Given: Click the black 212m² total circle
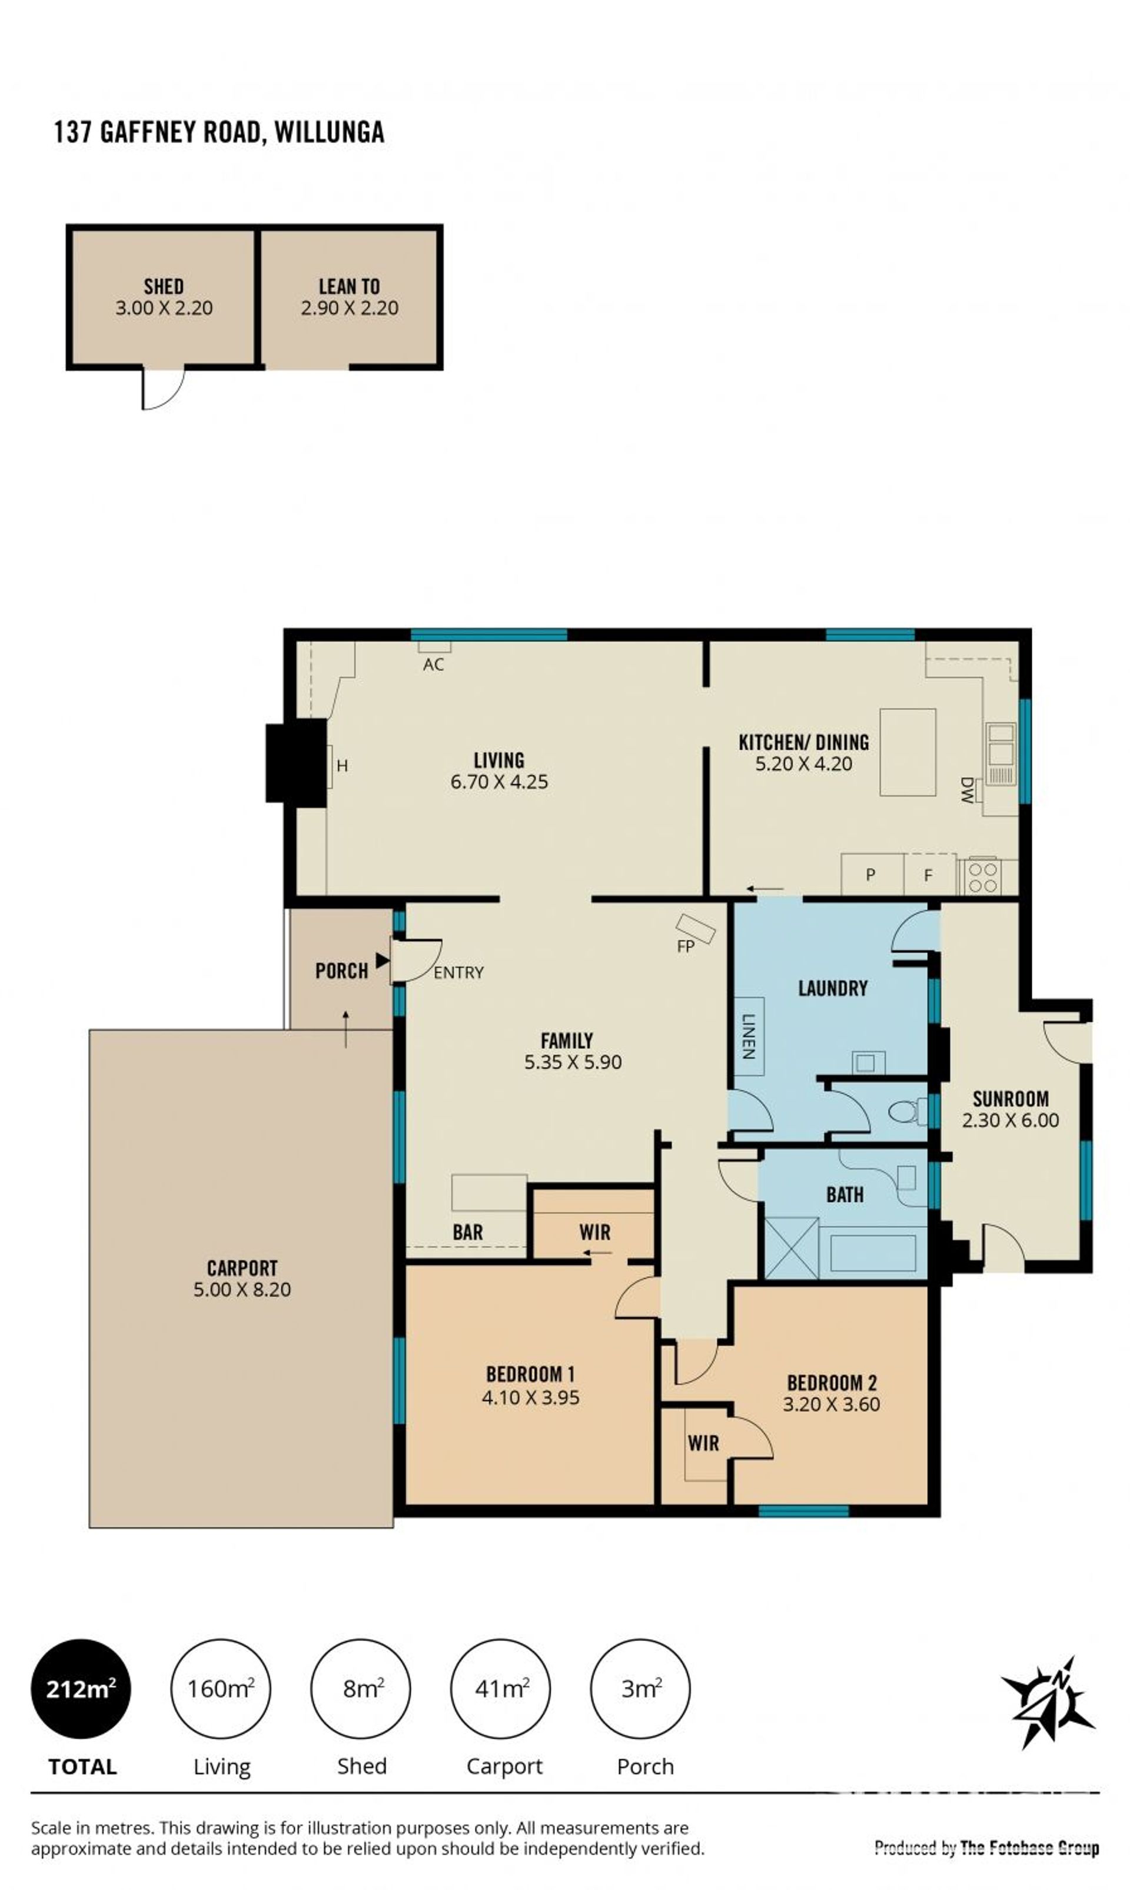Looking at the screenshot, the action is [x=81, y=1689].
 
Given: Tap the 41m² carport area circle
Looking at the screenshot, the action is [x=501, y=1689].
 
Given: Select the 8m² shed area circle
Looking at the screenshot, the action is [x=361, y=1689].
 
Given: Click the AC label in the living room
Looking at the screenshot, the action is [x=433, y=665].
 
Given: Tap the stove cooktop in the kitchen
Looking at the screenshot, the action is [x=982, y=877].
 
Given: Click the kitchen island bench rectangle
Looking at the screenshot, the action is [x=908, y=752].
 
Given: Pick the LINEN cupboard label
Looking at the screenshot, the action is [x=749, y=1037].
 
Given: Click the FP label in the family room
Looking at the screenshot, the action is [x=685, y=947].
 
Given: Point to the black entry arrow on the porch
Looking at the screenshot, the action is [x=382, y=961].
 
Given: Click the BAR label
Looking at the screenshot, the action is [x=467, y=1232].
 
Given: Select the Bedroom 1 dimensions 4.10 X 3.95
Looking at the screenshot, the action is [x=531, y=1397].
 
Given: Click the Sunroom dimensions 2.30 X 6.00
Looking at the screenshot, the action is [x=1011, y=1120].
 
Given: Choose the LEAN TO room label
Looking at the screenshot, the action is [x=349, y=286].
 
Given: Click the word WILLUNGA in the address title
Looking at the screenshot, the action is [x=329, y=132].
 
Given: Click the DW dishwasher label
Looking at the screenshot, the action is [x=967, y=790].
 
